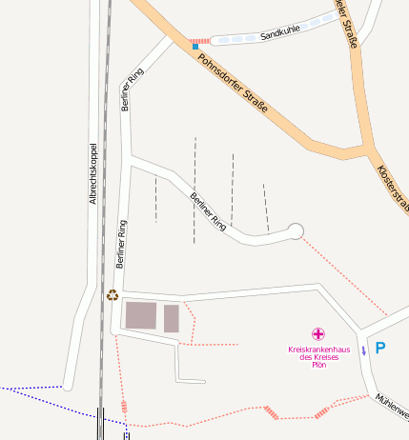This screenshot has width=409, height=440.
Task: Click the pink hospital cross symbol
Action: (x=318, y=334)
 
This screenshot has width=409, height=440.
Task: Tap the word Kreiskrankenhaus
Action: (x=318, y=350)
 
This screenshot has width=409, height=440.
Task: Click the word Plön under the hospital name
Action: (x=318, y=365)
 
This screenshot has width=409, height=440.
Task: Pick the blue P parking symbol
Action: (x=380, y=349)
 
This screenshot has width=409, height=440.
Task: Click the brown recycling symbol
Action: (x=112, y=295)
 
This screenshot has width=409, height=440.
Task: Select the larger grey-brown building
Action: (x=141, y=316)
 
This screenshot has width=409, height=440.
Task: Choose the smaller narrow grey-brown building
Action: (x=171, y=318)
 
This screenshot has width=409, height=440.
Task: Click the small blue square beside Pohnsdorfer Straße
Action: (x=194, y=46)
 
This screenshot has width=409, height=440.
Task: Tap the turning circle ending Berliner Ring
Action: (x=295, y=230)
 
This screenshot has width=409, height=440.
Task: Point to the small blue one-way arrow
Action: (x=363, y=350)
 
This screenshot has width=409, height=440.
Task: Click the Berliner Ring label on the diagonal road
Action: (x=208, y=212)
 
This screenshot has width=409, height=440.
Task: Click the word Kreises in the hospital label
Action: (x=318, y=357)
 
